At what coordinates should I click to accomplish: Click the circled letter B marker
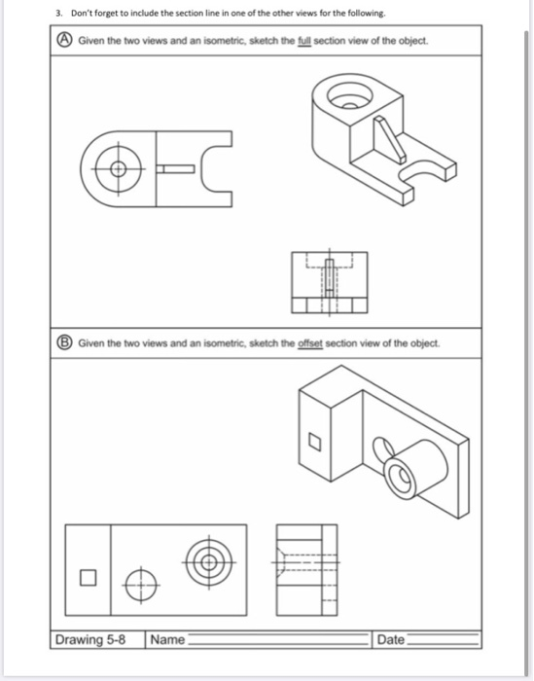[x=62, y=343]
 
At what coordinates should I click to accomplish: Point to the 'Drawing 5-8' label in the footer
[x=95, y=639]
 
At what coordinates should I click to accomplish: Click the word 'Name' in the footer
[x=167, y=639]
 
